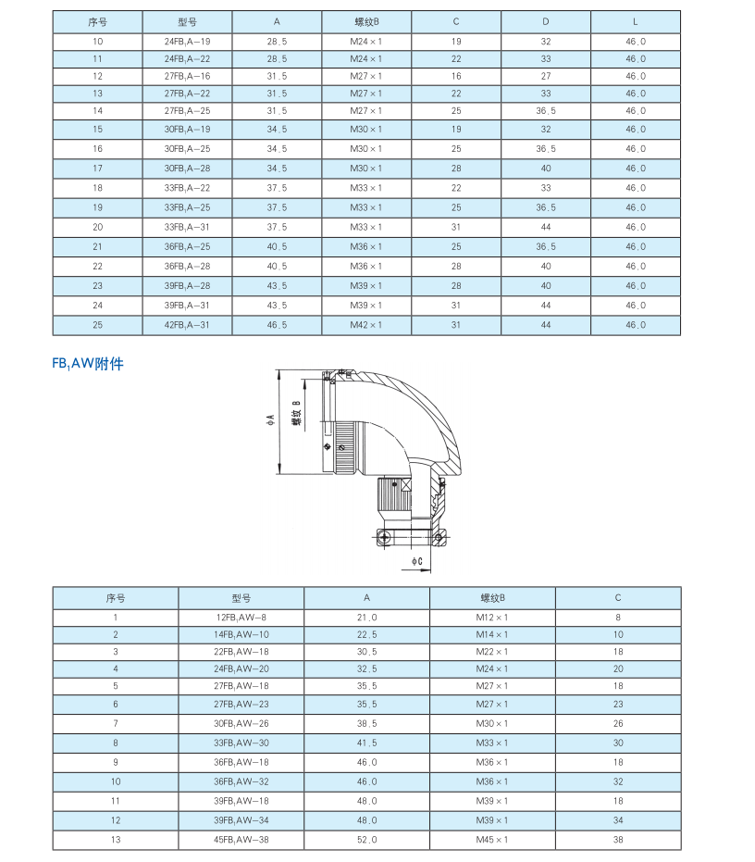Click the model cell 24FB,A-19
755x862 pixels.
point(187,42)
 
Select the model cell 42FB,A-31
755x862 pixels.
point(187,325)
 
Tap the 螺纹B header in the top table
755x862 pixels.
point(366,21)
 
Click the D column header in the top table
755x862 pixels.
point(546,21)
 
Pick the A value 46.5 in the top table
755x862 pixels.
point(277,325)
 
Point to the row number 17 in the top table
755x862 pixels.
point(98,169)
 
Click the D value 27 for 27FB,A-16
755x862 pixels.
point(546,76)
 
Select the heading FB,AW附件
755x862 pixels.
point(88,364)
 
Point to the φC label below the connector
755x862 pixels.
point(417,561)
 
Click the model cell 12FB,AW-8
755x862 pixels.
point(241,617)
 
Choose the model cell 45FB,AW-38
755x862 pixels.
point(241,840)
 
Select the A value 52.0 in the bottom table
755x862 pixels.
point(366,840)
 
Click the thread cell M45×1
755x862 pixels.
point(492,840)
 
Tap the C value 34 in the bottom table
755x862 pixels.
point(618,820)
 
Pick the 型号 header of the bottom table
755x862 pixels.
point(241,598)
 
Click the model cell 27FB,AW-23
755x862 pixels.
point(241,704)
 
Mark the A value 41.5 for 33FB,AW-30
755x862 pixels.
point(366,743)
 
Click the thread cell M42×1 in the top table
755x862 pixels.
point(366,325)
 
